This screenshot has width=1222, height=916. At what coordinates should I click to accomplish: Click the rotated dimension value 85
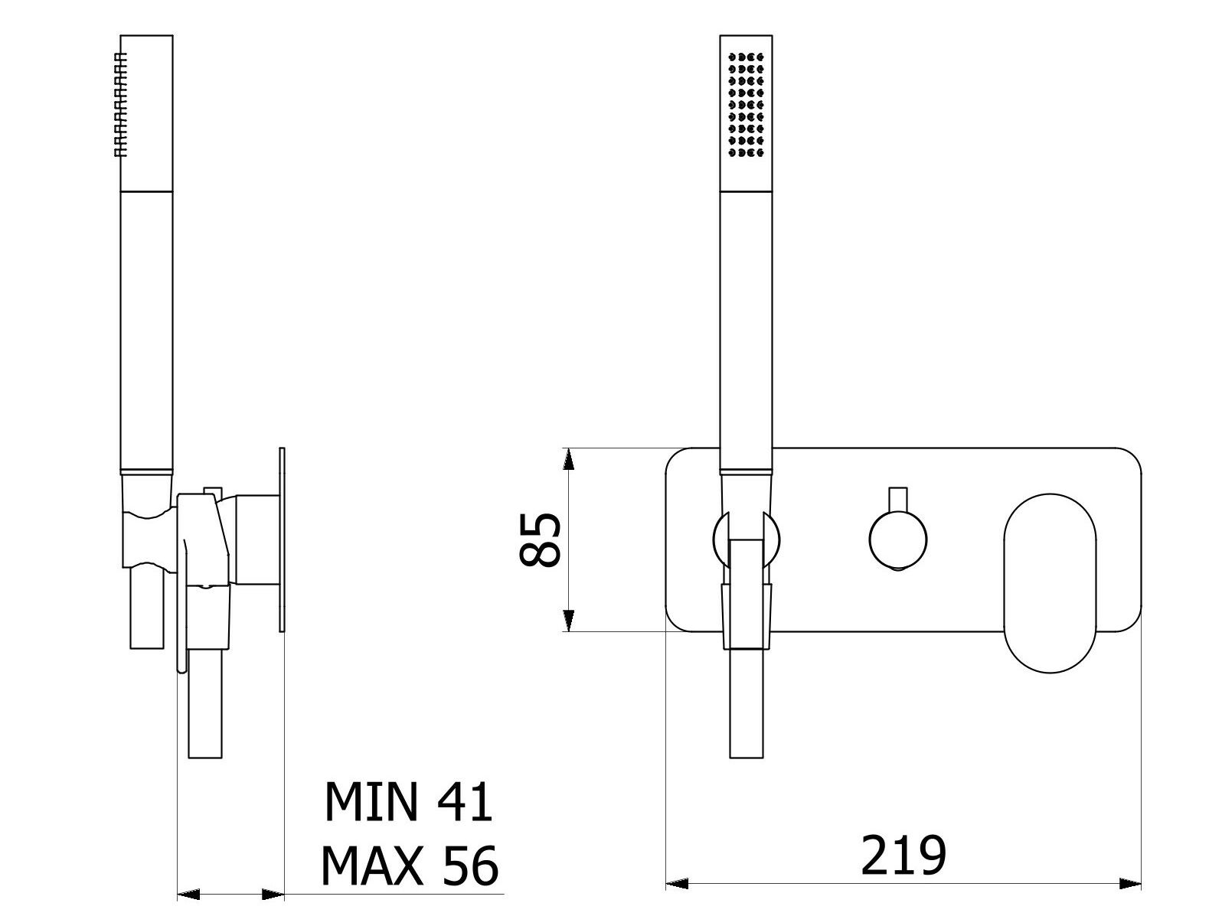coord(541,539)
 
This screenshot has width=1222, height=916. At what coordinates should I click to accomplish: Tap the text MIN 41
coord(408,802)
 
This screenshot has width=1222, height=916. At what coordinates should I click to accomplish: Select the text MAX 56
coord(409,865)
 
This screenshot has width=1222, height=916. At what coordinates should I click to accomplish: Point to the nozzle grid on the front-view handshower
coord(746,106)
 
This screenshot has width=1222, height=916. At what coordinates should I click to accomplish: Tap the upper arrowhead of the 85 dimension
coord(567,458)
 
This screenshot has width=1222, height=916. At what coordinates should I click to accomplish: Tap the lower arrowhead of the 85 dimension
coord(567,621)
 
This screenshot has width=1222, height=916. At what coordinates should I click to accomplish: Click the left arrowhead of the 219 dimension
coord(677,885)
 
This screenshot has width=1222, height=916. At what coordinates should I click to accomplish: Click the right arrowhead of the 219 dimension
coord(1131,885)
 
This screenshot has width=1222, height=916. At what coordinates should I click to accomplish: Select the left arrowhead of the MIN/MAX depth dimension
coord(188,894)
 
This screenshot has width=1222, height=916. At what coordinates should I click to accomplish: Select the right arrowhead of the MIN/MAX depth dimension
coord(273,894)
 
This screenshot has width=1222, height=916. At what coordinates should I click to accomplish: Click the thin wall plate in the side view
coord(283,539)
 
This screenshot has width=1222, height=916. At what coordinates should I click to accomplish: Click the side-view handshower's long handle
coord(146,329)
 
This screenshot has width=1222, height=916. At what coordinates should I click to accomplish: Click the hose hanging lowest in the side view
coord(205,704)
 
